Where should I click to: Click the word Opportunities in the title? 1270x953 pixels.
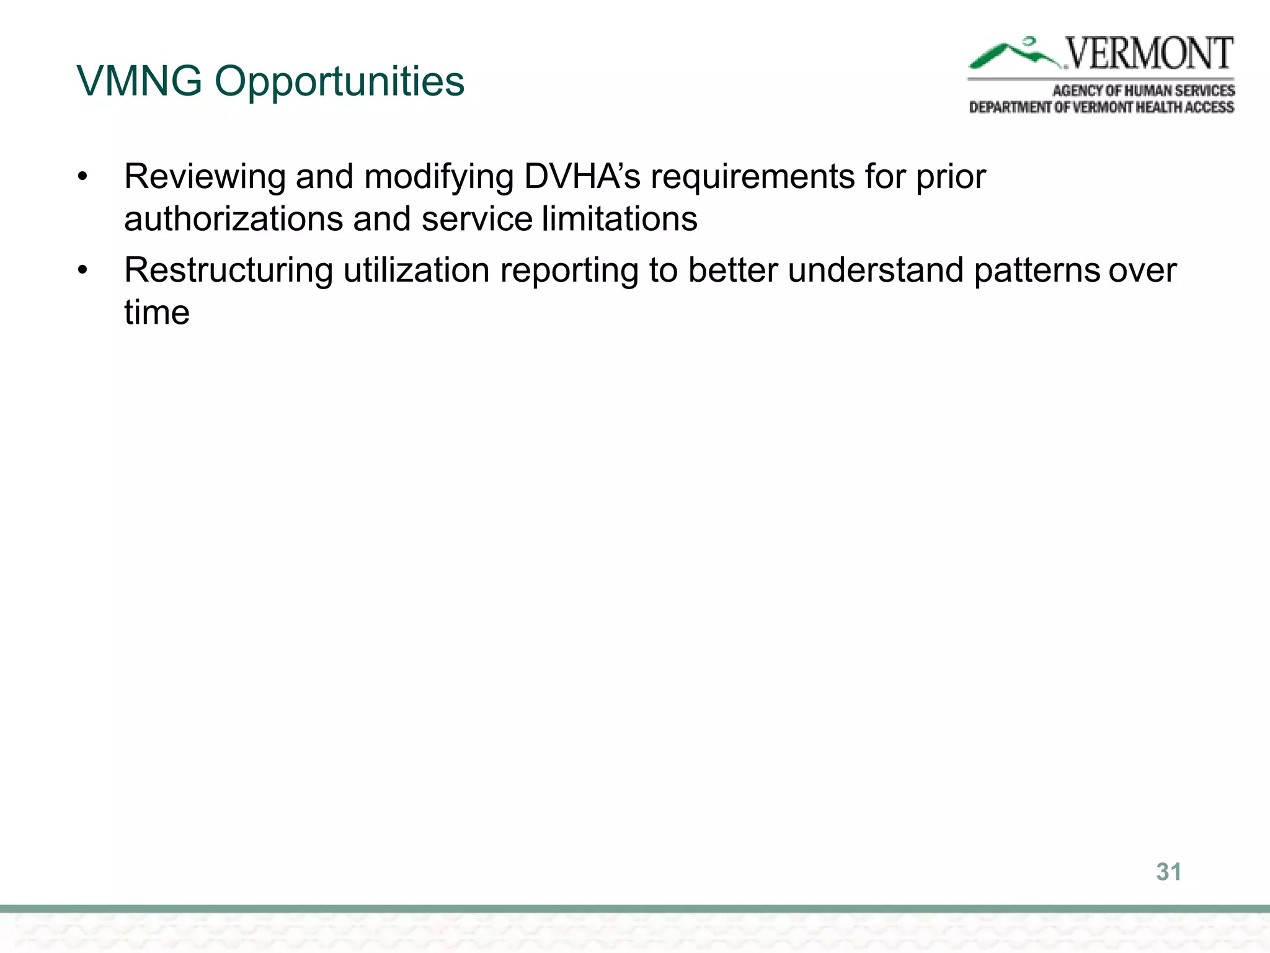click(x=339, y=83)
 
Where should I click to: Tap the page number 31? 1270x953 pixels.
click(x=1168, y=872)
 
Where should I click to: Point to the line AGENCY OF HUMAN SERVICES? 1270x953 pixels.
click(x=1143, y=91)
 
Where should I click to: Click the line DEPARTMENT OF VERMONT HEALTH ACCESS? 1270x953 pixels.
click(x=1101, y=107)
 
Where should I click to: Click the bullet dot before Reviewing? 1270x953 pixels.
click(x=83, y=177)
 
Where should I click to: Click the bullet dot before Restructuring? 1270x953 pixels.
click(x=83, y=271)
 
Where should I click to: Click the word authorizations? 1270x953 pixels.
click(x=233, y=219)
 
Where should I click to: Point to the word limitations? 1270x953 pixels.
click(x=619, y=219)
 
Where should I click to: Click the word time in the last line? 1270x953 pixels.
click(x=156, y=312)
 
